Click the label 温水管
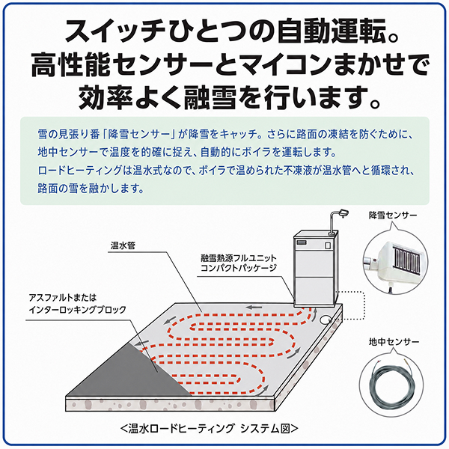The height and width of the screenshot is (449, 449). click(123, 245)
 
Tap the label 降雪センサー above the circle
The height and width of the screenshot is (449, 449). click(393, 216)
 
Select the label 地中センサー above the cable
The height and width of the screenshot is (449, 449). click(394, 342)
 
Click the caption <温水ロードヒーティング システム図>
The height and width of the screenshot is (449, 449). click(210, 428)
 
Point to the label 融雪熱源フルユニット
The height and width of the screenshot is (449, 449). click(239, 258)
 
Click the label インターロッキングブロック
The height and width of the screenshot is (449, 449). click(77, 310)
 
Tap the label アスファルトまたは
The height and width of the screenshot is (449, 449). click(63, 298)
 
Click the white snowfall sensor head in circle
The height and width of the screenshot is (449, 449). click(401, 259)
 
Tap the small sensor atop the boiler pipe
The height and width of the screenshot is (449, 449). click(343, 213)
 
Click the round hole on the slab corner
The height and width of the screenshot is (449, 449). click(326, 320)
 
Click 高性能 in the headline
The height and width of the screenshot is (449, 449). click(71, 64)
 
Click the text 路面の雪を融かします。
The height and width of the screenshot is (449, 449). click(91, 188)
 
